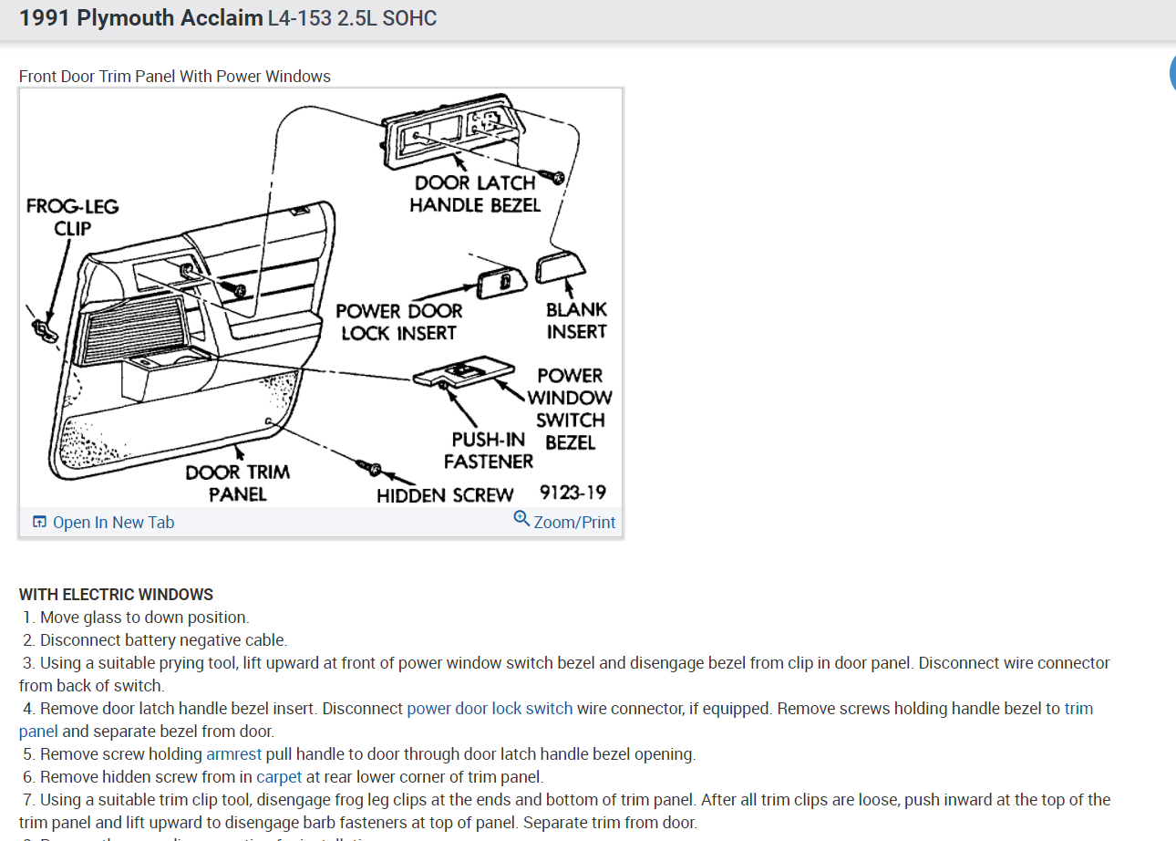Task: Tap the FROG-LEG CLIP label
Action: point(72,217)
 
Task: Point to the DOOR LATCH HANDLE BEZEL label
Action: point(475,194)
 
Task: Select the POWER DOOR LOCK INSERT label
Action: point(398,322)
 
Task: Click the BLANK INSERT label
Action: point(576,320)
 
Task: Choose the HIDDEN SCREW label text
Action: point(445,495)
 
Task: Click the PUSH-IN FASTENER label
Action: point(489,451)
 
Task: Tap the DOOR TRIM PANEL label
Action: point(237,483)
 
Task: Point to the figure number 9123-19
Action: point(573,493)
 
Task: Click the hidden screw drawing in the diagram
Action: point(372,469)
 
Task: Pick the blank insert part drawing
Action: point(559,267)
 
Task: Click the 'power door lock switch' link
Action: point(490,709)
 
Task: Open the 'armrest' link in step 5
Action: point(233,754)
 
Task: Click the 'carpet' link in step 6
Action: point(279,777)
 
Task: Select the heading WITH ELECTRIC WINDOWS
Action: point(116,595)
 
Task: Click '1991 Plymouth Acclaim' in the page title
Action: point(140,17)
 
